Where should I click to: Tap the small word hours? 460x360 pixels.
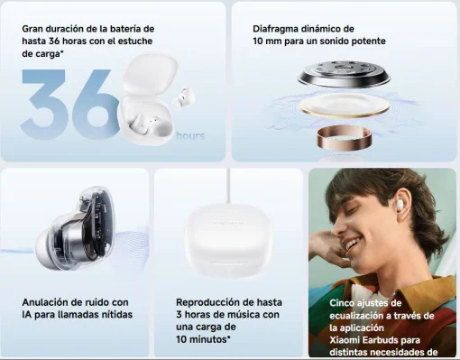[x=190, y=136]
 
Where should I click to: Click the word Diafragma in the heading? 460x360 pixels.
[x=277, y=28]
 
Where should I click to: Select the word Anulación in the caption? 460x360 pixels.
[x=48, y=301]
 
